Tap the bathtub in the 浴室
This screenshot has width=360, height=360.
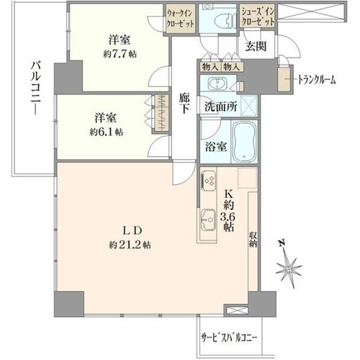(244, 141)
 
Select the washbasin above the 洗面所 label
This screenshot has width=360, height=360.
(217, 84)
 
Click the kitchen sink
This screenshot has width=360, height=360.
(208, 220)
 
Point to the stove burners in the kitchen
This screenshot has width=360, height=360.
(208, 180)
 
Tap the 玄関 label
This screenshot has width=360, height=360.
(256, 47)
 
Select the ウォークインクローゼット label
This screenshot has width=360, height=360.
(180, 19)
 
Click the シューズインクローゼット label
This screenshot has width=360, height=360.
(258, 17)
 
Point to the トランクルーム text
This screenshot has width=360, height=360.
(316, 79)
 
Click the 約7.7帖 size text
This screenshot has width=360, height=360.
(120, 54)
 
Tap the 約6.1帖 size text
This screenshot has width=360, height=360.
(107, 132)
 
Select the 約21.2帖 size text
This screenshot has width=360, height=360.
(130, 245)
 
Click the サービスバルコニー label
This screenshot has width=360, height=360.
(228, 338)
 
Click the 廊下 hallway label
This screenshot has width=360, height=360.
(184, 104)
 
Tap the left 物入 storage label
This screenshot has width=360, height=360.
(210, 67)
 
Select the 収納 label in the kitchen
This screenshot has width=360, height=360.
(253, 239)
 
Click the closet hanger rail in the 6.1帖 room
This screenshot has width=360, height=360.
(161, 112)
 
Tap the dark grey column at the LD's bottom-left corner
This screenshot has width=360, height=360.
(69, 304)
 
